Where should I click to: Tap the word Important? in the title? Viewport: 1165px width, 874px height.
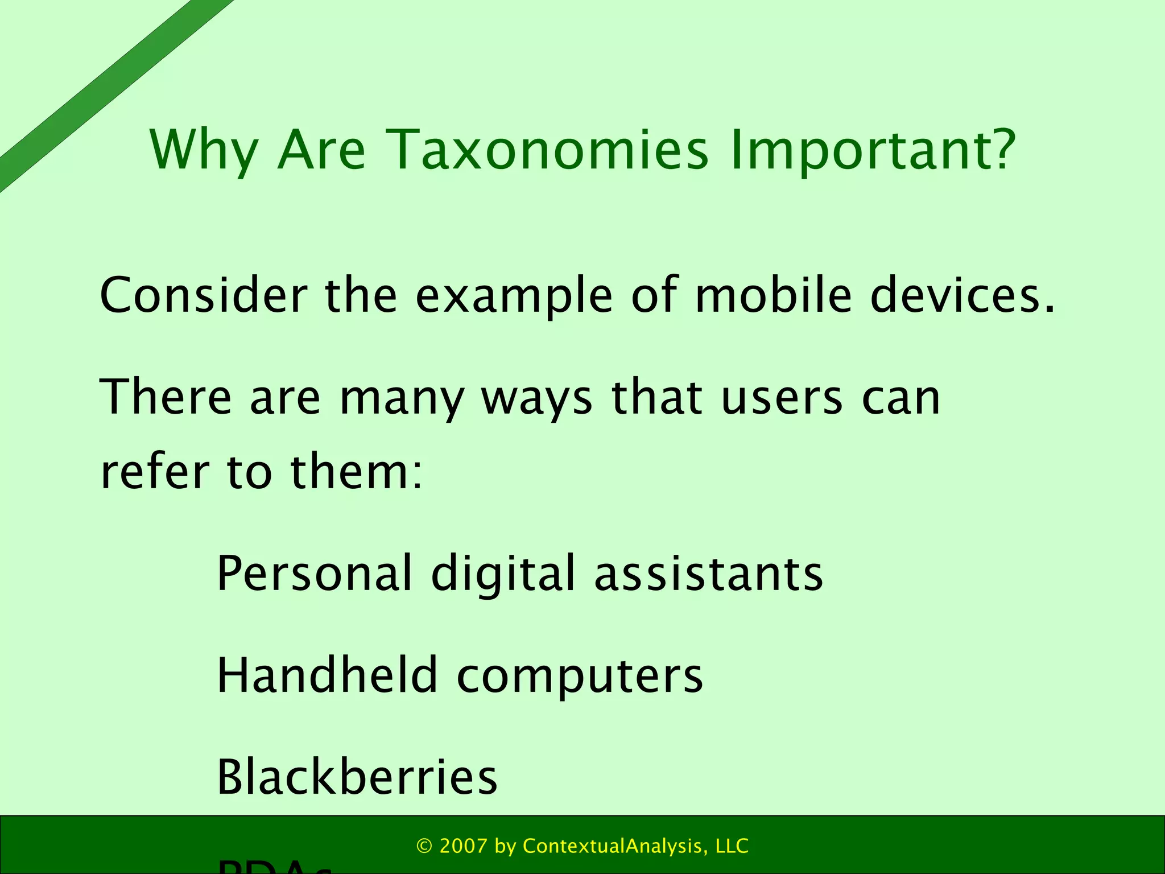point(873,150)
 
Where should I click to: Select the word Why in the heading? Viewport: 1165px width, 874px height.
point(204,150)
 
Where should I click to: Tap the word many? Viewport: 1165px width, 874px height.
point(402,398)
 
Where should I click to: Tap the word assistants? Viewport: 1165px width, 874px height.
point(708,574)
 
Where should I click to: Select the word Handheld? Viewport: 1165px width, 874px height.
point(327,675)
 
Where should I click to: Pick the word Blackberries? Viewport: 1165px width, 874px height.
point(357,777)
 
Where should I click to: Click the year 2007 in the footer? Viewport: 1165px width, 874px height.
point(464,846)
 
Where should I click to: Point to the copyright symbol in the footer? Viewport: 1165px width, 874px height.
point(424,846)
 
